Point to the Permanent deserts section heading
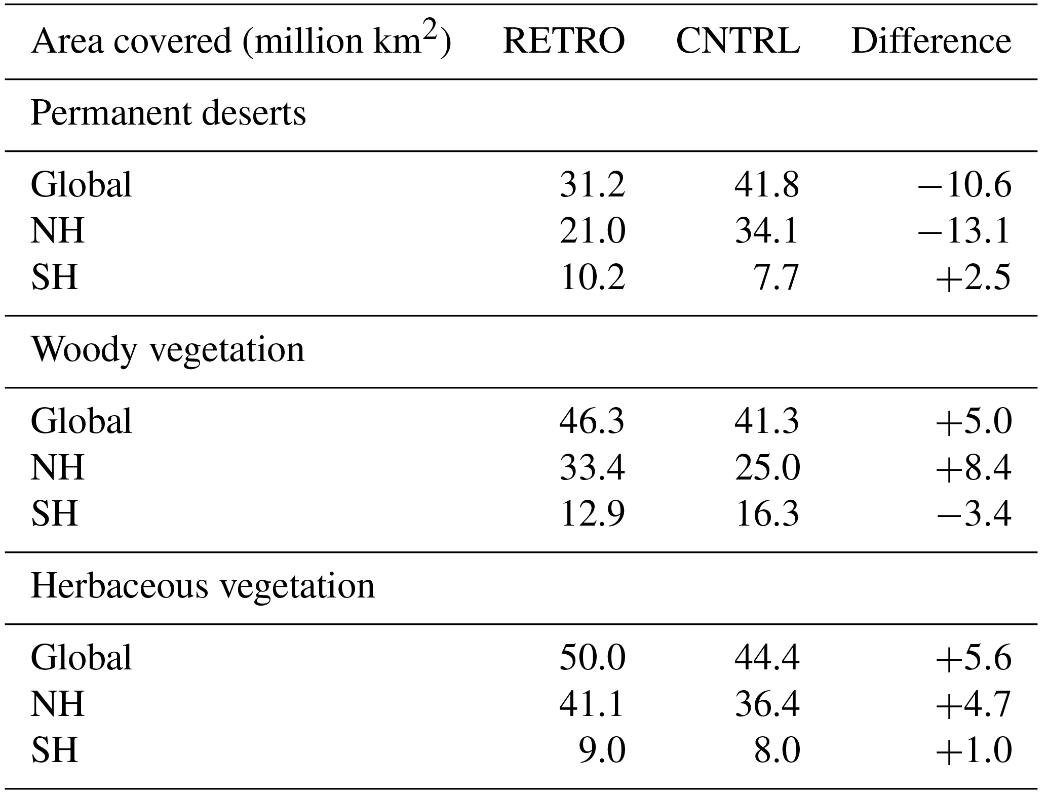[168, 113]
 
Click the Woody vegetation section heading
[168, 350]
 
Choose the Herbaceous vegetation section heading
[203, 587]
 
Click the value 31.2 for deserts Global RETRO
[592, 185]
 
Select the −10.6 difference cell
[964, 185]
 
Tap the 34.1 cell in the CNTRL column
[766, 231]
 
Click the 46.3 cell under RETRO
[592, 421]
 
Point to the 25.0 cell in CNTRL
[766, 468]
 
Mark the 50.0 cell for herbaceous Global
[592, 658]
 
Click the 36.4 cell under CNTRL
[766, 704]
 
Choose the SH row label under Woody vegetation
[55, 514]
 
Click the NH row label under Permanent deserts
[57, 231]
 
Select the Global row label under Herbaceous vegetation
[82, 658]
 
